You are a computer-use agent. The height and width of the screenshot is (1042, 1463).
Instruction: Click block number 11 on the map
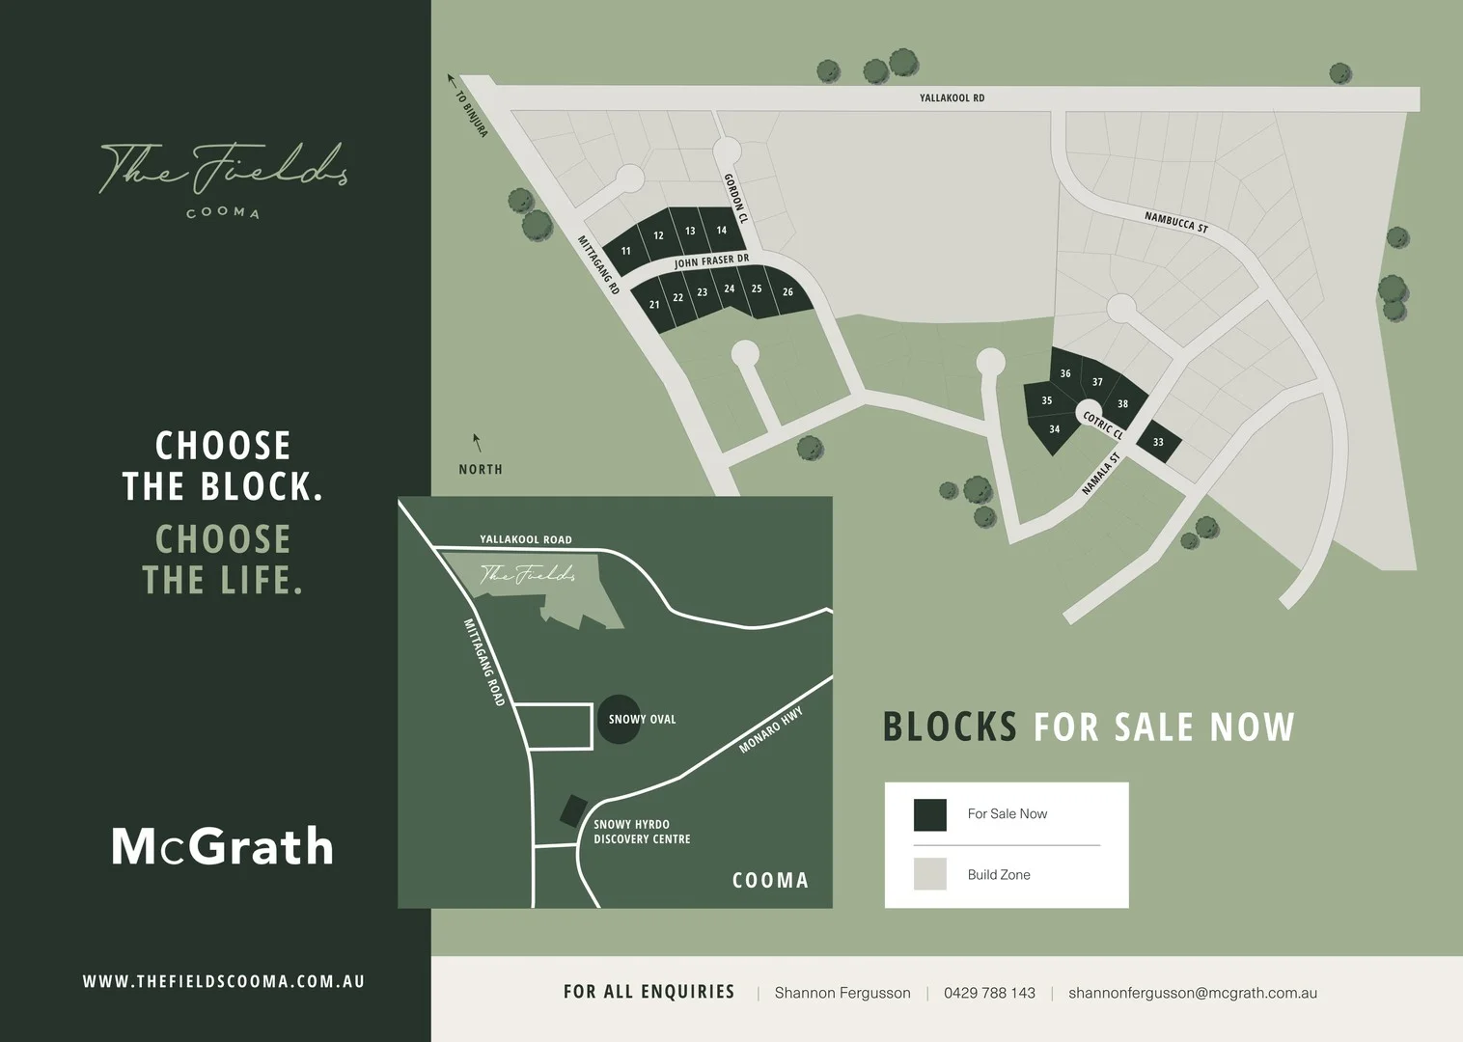pyautogui.click(x=625, y=251)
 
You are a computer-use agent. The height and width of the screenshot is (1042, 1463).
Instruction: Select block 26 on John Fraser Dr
pyautogui.click(x=787, y=292)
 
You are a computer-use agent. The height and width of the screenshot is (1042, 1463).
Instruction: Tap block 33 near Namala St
pyautogui.click(x=1158, y=442)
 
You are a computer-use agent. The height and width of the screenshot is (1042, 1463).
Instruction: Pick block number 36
pyautogui.click(x=1065, y=373)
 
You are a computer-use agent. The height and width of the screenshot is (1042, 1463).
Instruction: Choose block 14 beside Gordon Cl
pyautogui.click(x=721, y=231)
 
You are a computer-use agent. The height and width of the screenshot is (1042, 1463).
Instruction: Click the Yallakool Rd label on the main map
pyautogui.click(x=952, y=98)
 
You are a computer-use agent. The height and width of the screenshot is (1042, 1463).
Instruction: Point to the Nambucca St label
pyautogui.click(x=1175, y=222)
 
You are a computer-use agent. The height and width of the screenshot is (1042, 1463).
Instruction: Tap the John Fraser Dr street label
pyautogui.click(x=711, y=261)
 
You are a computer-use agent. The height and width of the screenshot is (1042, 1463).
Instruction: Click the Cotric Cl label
pyautogui.click(x=1103, y=425)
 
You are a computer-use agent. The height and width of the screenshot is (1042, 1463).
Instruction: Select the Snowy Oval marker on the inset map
pyautogui.click(x=619, y=719)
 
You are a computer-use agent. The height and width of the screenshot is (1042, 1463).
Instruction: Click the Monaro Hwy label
pyautogui.click(x=770, y=730)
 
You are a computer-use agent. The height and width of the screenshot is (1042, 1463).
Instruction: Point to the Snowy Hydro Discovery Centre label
pyautogui.click(x=642, y=832)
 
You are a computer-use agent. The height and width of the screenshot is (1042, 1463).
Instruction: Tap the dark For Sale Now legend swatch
pyautogui.click(x=930, y=814)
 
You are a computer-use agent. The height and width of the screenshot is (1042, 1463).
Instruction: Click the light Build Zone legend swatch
pyautogui.click(x=930, y=874)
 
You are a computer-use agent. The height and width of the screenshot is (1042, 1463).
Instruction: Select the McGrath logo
pyautogui.click(x=222, y=847)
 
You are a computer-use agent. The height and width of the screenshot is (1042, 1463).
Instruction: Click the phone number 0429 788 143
pyautogui.click(x=989, y=993)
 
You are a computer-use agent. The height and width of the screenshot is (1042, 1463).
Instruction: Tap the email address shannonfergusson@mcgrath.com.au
pyautogui.click(x=1192, y=993)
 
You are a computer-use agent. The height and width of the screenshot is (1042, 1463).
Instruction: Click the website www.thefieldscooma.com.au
pyautogui.click(x=224, y=981)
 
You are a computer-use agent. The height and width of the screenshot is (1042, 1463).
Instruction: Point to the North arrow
pyautogui.click(x=477, y=444)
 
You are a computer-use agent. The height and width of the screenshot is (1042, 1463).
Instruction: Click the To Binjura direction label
pyautogui.click(x=471, y=113)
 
